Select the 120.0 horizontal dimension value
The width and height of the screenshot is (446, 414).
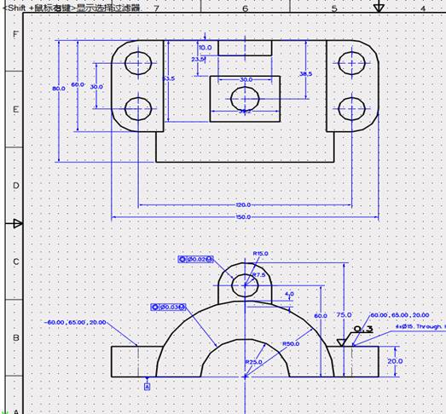[x=243, y=205]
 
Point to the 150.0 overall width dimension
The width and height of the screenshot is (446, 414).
[x=243, y=218]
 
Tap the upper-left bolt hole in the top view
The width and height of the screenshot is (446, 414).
[x=137, y=62]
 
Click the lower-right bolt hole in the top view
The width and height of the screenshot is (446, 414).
[x=350, y=108]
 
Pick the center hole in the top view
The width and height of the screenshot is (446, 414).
[x=244, y=99]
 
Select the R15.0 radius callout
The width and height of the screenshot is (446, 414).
[x=261, y=253]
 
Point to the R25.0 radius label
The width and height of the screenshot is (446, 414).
[x=253, y=362]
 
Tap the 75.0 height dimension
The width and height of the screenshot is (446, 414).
[x=343, y=314]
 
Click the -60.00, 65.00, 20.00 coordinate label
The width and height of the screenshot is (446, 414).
[x=76, y=323]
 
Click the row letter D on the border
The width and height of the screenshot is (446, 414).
[x=14, y=185]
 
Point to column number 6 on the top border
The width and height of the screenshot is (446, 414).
[x=245, y=9]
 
